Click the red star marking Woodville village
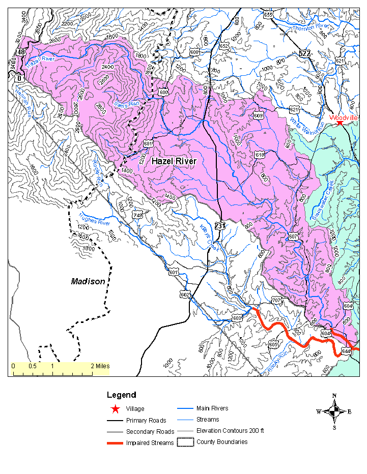[340, 123]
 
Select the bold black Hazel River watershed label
[174, 161]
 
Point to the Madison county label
[88, 281]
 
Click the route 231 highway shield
[219, 226]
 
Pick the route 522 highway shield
[319, 53]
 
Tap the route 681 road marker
[148, 144]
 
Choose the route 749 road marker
[137, 216]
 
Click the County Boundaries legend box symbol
[184, 441]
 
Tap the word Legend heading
[121, 395]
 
